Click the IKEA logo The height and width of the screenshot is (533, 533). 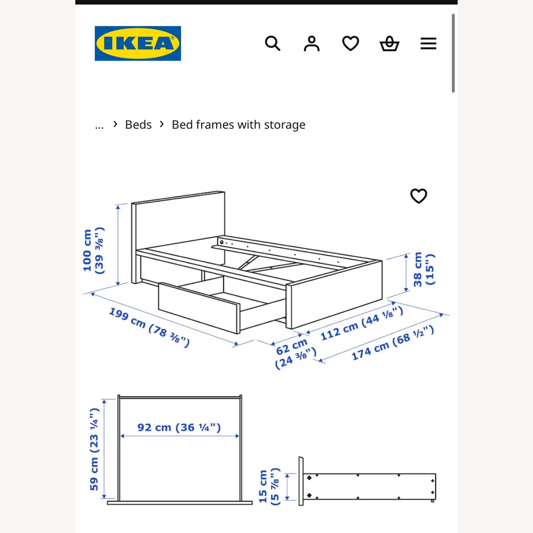click(138, 43)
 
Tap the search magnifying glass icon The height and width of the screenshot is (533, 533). click(273, 44)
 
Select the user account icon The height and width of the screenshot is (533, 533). click(312, 44)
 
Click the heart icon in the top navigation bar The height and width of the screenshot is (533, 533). click(350, 44)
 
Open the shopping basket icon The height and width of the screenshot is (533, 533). click(389, 44)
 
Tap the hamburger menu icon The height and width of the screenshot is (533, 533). click(428, 44)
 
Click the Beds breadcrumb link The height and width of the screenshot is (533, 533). click(138, 125)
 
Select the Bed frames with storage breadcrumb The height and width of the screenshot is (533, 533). click(238, 125)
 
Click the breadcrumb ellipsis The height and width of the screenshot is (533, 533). click(99, 125)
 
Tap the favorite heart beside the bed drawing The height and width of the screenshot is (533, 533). click(419, 196)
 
